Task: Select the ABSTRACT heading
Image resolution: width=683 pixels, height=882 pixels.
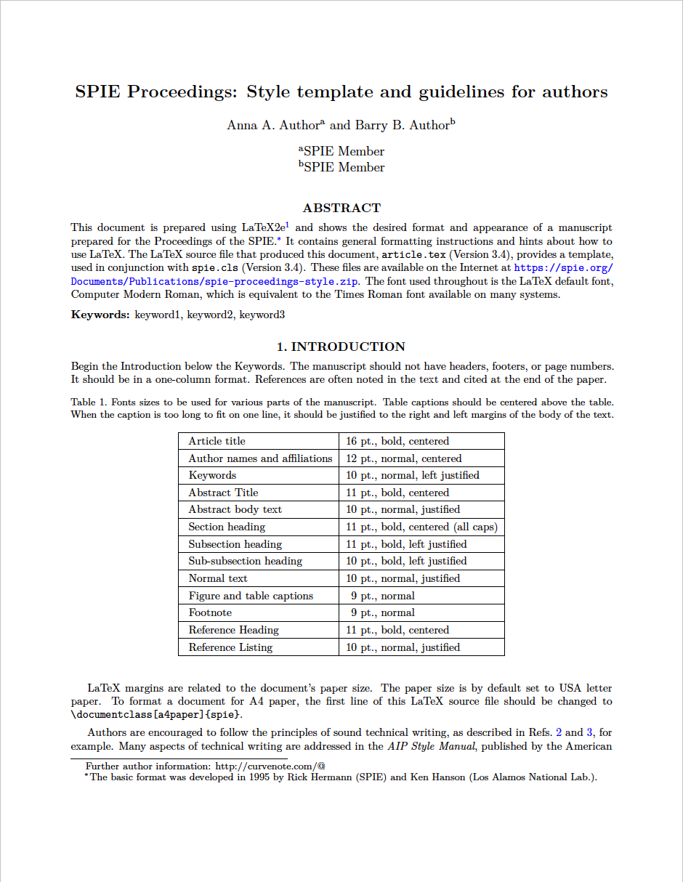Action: click(341, 209)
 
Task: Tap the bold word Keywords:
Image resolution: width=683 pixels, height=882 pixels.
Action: click(100, 315)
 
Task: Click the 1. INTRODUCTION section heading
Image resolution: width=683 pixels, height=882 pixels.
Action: click(341, 347)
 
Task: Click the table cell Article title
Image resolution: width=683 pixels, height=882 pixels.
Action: click(217, 441)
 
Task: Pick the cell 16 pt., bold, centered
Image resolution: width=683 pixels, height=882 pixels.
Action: click(397, 441)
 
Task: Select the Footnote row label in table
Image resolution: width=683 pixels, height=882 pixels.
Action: click(210, 612)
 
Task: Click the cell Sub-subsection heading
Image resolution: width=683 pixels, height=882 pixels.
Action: click(245, 561)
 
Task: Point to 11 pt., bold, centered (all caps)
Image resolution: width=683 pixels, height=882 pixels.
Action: click(421, 527)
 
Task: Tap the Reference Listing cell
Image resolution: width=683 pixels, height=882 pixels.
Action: click(230, 647)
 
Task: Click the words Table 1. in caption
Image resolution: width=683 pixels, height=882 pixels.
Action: click(89, 402)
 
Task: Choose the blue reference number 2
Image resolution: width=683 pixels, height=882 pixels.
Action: click(559, 732)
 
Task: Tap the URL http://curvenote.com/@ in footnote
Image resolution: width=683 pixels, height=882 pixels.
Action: click(270, 766)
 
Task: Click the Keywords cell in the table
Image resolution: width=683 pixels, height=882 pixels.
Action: click(212, 475)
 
